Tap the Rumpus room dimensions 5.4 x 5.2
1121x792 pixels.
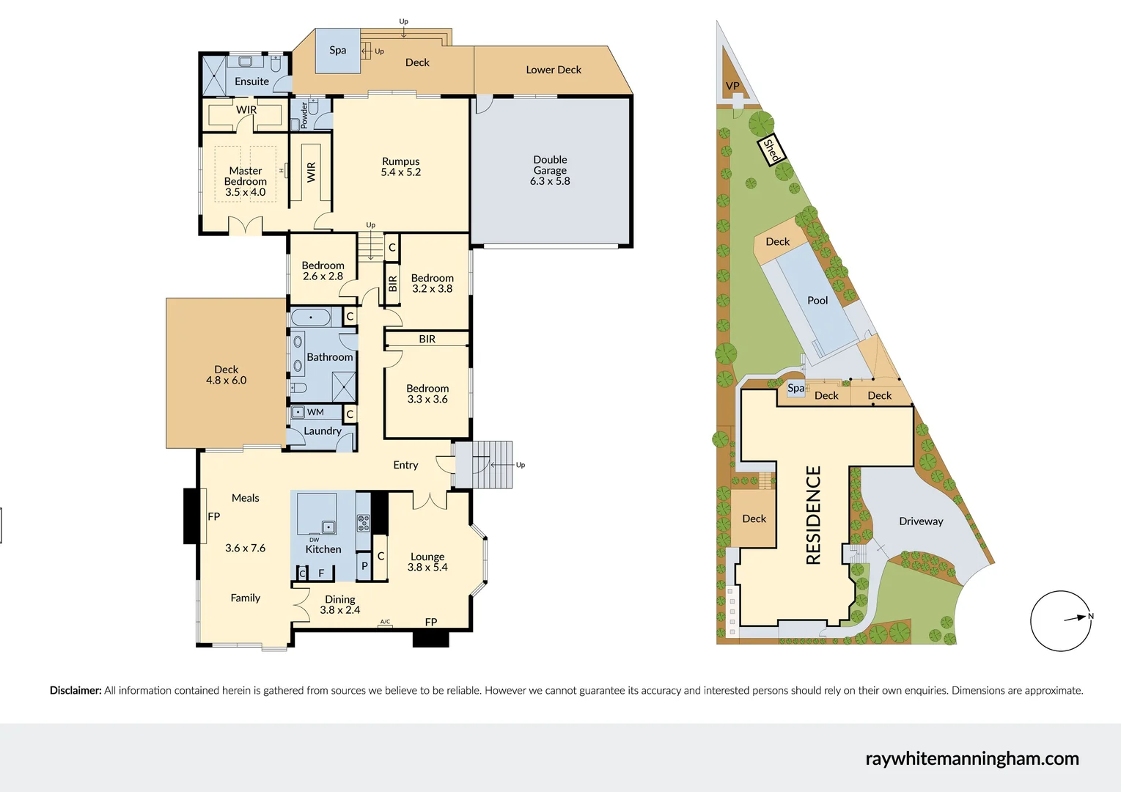point(400,172)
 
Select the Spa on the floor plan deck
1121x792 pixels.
point(337,51)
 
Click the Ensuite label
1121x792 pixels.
point(251,81)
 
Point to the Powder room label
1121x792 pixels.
point(304,115)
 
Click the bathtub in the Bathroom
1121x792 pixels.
point(311,318)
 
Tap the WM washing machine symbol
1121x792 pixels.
point(298,412)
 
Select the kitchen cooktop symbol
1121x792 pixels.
point(364,523)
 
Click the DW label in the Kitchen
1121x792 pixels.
point(314,540)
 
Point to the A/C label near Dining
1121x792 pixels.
point(385,622)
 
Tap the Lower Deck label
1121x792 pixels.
point(554,70)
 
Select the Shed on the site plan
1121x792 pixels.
point(771,150)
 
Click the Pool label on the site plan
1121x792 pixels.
point(817,301)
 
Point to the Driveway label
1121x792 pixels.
point(921,521)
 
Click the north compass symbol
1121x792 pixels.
point(1061,620)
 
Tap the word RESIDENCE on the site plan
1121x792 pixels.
point(813,516)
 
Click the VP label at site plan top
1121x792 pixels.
point(732,86)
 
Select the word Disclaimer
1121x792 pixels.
point(76,690)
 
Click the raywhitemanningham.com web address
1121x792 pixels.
point(972,758)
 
